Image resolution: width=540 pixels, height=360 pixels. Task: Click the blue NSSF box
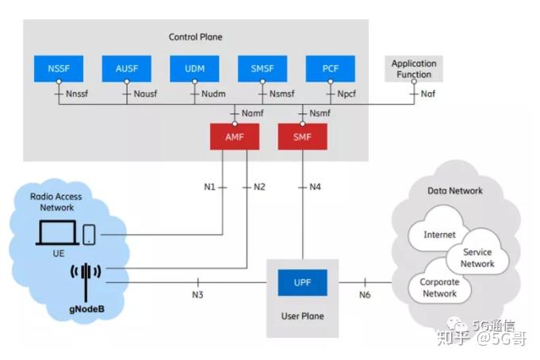[59, 69]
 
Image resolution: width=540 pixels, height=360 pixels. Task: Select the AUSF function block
[126, 69]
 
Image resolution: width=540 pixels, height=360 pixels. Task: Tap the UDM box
[194, 69]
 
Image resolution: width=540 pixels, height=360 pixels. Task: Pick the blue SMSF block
[262, 69]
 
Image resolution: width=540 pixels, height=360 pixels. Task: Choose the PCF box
[330, 69]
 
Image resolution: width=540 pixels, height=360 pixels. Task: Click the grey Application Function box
[413, 68]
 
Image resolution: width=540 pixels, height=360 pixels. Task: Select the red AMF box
[235, 136]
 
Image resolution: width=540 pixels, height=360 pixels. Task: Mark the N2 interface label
[259, 187]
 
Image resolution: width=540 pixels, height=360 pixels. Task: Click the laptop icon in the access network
[59, 232]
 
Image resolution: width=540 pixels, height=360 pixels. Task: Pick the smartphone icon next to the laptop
[90, 233]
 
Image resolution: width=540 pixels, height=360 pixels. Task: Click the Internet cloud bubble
[439, 235]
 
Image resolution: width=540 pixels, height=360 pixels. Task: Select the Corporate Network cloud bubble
[439, 287]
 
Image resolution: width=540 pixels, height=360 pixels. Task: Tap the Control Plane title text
[196, 37]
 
